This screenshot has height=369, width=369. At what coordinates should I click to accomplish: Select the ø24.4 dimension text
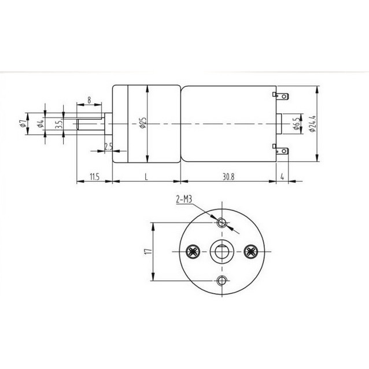pos(312,123)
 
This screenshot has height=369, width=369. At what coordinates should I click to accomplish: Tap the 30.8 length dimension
pos(228,176)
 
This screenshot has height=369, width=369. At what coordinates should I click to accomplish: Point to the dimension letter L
pos(146,176)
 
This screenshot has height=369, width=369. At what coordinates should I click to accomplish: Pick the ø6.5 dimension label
pos(295,123)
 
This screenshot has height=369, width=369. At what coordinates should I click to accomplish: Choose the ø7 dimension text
pos(21,123)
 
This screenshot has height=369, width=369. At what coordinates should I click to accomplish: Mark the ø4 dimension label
pos(39,123)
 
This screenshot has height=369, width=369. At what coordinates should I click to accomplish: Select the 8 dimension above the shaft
pos(88,100)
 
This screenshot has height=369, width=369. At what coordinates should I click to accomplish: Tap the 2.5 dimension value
pos(108,146)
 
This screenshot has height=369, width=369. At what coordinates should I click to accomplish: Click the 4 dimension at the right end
pos(282,176)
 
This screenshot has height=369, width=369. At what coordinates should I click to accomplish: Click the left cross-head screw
pos(193,252)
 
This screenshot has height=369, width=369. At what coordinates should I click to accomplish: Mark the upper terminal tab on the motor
pos(282,95)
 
